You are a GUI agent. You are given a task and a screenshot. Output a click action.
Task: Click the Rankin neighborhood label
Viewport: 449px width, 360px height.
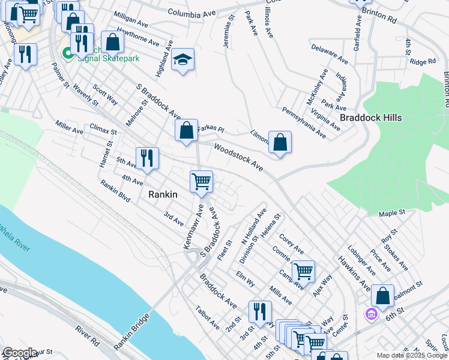click(163, 194)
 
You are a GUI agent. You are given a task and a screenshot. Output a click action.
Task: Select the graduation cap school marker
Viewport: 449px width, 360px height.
click(183, 60)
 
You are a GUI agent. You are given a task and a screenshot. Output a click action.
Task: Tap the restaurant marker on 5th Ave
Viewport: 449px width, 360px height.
click(146, 158)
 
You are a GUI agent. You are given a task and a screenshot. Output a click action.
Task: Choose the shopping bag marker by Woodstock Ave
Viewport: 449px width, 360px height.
click(280, 143)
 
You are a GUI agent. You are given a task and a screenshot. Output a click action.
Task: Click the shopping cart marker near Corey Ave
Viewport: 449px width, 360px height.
click(303, 271)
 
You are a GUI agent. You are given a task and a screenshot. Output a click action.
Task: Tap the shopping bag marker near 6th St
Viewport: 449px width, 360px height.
click(382, 296)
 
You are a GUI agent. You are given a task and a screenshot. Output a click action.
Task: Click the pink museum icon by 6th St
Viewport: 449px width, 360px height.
click(370, 313)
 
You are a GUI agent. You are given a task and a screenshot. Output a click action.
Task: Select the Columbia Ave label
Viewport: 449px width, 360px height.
click(191, 12)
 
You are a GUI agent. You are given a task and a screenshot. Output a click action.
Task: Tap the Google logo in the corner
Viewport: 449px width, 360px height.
click(20, 353)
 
